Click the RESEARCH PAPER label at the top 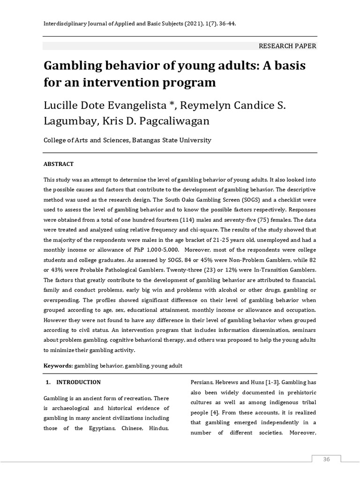287,46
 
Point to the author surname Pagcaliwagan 170,121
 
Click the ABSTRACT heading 59,164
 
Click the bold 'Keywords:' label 58,365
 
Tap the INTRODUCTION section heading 78,382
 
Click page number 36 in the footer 326,459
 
